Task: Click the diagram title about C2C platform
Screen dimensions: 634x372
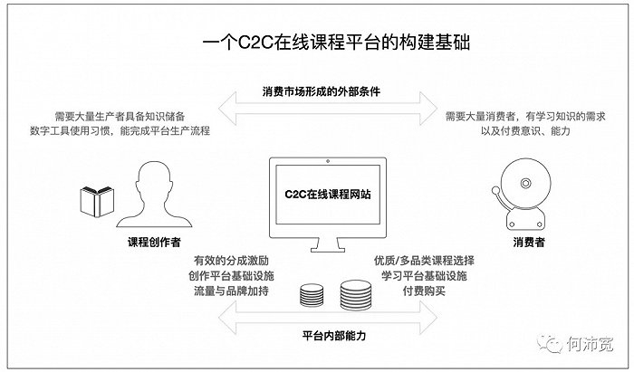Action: [x=336, y=43]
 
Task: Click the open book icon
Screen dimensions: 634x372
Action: [x=97, y=201]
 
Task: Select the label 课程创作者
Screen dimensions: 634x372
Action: [x=154, y=242]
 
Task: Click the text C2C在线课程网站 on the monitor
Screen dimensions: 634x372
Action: [x=328, y=194]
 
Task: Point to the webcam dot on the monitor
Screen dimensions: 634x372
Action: [x=328, y=161]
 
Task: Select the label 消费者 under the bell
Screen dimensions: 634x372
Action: [x=529, y=242]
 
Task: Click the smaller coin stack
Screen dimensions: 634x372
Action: [x=312, y=295]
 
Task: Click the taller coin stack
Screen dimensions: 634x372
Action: [x=356, y=295]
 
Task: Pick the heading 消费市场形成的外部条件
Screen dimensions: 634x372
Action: [x=321, y=91]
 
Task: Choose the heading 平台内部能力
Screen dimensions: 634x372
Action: [x=334, y=335]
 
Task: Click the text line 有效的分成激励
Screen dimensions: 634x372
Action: [x=231, y=261]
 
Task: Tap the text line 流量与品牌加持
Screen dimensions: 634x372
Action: [x=231, y=291]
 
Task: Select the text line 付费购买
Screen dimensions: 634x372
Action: [x=424, y=291]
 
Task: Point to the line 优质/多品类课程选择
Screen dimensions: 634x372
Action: [x=424, y=261]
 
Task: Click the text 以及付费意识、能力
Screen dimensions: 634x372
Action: [x=525, y=131]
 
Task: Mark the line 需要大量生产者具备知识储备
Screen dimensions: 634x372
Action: [x=120, y=117]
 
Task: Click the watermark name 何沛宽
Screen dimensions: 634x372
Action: [x=590, y=344]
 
